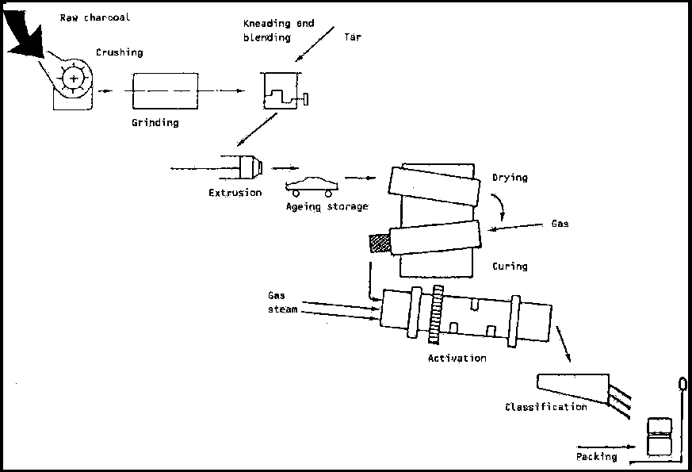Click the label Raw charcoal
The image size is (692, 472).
(x=95, y=17)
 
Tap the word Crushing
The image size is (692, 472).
(x=120, y=52)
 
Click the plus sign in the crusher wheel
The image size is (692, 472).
(x=74, y=79)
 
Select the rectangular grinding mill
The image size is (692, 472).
(x=165, y=91)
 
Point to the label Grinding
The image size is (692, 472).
(x=155, y=123)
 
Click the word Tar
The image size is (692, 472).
(x=353, y=37)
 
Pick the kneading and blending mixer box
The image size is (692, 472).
(x=281, y=90)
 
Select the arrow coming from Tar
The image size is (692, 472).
(x=315, y=44)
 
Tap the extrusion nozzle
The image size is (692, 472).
(x=251, y=167)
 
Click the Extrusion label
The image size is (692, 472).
(x=235, y=193)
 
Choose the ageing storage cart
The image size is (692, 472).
(x=312, y=186)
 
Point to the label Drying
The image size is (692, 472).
(x=510, y=178)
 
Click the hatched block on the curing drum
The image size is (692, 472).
(x=380, y=244)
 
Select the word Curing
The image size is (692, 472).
(x=510, y=267)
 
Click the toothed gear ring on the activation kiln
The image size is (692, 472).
(x=436, y=314)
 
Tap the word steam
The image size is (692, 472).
(x=282, y=309)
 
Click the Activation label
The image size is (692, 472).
(x=457, y=358)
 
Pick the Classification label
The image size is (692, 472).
(x=546, y=407)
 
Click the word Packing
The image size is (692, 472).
(x=596, y=457)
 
